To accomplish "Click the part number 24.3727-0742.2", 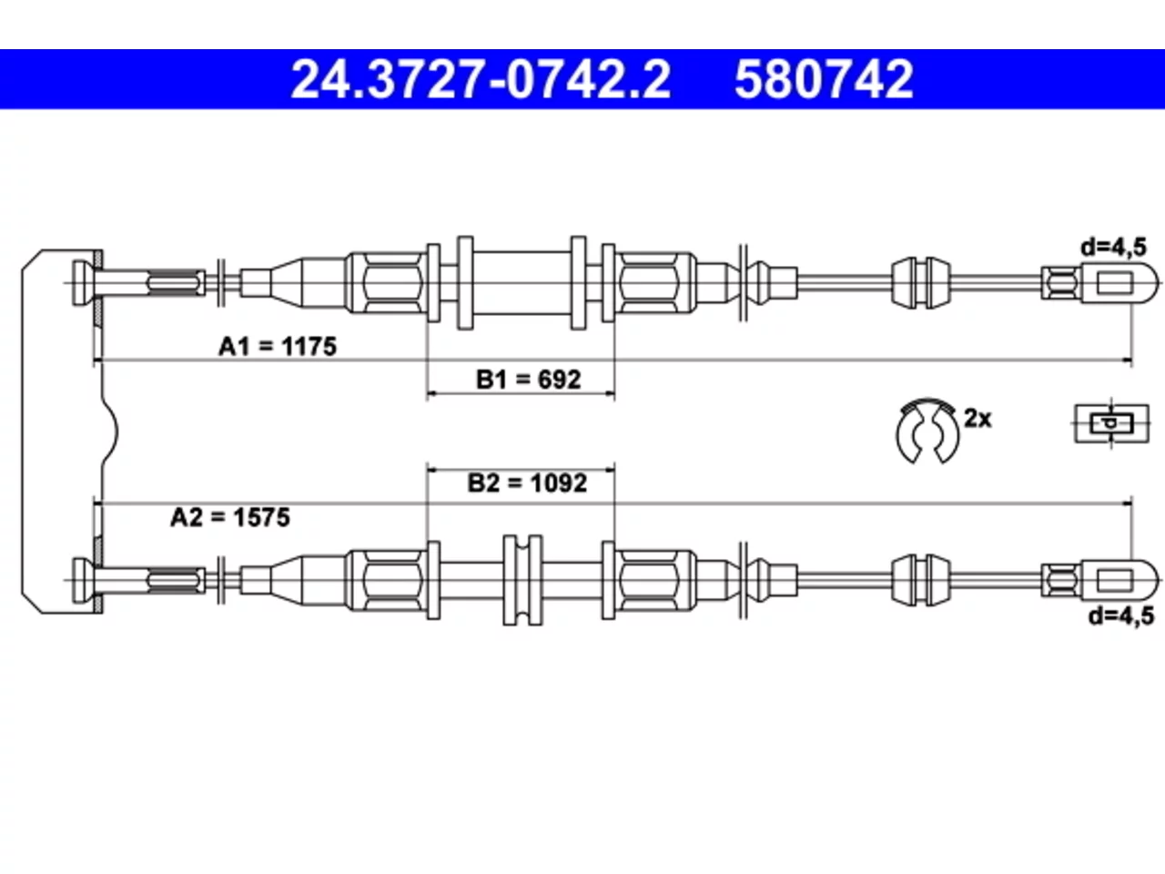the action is (x=481, y=79).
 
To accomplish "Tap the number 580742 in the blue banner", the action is (x=824, y=79).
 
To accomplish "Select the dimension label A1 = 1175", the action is (x=278, y=347).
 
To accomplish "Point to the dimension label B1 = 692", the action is (x=529, y=380).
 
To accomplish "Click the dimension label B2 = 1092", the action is (x=527, y=483).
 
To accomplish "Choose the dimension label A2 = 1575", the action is (x=230, y=517).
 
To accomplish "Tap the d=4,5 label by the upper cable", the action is (x=1114, y=248).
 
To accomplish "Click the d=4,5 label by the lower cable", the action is (x=1121, y=616).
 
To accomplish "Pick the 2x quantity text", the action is (x=978, y=419).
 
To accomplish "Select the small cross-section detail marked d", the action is (x=1112, y=423).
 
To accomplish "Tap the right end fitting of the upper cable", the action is (x=1099, y=283).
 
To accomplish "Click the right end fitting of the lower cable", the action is (x=1099, y=580).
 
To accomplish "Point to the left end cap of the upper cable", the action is (x=82, y=283).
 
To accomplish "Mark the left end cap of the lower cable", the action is (x=82, y=580).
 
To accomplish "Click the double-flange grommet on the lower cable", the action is (x=522, y=580).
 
